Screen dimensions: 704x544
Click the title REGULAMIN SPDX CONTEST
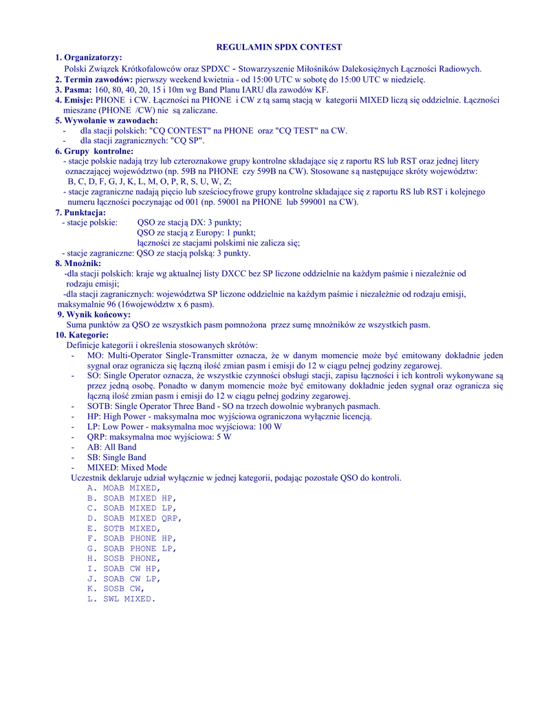tap(279, 47)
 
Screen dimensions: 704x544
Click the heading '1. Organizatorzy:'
tap(89, 58)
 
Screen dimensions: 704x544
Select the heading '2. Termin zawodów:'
tap(94, 79)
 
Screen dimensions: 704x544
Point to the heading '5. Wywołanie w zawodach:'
tap(107, 120)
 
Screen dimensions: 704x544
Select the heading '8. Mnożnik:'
tap(78, 263)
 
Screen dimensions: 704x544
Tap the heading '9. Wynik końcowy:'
tap(94, 314)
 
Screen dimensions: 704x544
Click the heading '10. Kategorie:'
tap(82, 335)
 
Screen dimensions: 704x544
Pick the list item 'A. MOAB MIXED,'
tap(123, 488)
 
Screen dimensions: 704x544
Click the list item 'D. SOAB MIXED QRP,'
tap(134, 518)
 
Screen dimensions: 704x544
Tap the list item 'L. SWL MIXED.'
tap(121, 599)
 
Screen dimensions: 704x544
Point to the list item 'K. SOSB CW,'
tap(116, 589)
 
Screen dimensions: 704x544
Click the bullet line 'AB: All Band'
tap(112, 447)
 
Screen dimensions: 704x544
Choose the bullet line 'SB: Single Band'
tap(116, 457)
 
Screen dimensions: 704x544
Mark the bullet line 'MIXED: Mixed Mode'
tap(127, 467)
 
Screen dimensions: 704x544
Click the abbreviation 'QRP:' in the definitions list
tap(98, 437)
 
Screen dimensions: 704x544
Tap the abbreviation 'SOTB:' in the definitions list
tap(100, 406)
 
